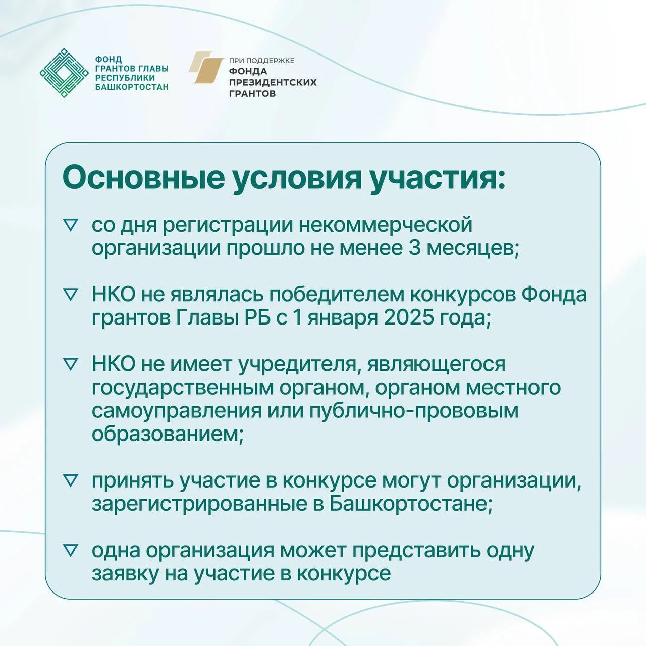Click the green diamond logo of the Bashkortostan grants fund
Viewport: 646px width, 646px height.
pyautogui.click(x=64, y=73)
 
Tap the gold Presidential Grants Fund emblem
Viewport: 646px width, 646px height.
pyautogui.click(x=205, y=67)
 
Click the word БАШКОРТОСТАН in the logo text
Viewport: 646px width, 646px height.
pyautogui.click(x=131, y=87)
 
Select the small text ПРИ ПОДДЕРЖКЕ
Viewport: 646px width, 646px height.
pyautogui.click(x=261, y=61)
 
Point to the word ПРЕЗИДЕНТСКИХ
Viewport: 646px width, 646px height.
pyautogui.click(x=273, y=82)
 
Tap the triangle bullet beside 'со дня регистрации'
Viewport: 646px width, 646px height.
pyautogui.click(x=70, y=225)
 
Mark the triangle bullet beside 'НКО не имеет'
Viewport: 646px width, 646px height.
pyautogui.click(x=70, y=364)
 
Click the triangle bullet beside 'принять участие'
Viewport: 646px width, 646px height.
pyautogui.click(x=70, y=481)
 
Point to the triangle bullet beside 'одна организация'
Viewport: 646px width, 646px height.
pyautogui.click(x=70, y=551)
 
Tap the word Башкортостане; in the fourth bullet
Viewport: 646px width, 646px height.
pyautogui.click(x=411, y=504)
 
